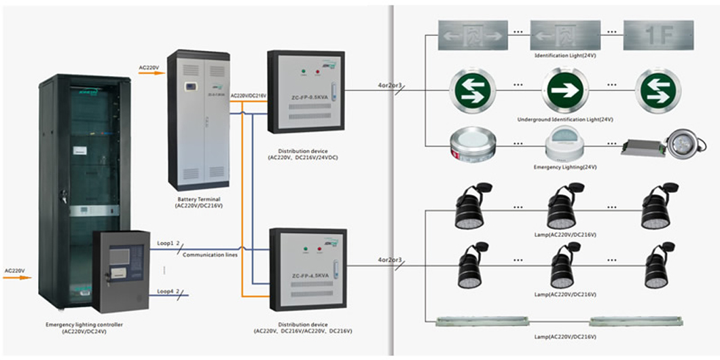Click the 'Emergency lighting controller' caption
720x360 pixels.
(x=84, y=325)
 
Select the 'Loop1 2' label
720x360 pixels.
(x=168, y=242)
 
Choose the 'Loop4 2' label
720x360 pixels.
(x=168, y=291)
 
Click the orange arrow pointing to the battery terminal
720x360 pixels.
(x=149, y=73)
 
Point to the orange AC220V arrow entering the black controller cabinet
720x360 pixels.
(x=17, y=277)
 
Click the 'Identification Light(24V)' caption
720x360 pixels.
(x=563, y=55)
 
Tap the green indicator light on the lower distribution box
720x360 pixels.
(x=306, y=249)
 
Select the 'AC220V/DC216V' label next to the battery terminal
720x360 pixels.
(x=248, y=96)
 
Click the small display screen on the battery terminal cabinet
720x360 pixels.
(x=192, y=86)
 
